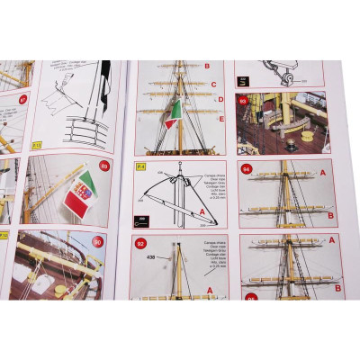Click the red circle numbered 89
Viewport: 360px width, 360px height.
pos(104,166)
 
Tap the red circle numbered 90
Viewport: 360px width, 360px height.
pos(98,241)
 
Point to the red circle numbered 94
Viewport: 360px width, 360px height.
pos(246,168)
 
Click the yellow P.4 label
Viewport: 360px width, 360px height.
pos(139,166)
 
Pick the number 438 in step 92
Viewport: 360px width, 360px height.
pos(148,256)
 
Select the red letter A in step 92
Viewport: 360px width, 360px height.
pos(210,290)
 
